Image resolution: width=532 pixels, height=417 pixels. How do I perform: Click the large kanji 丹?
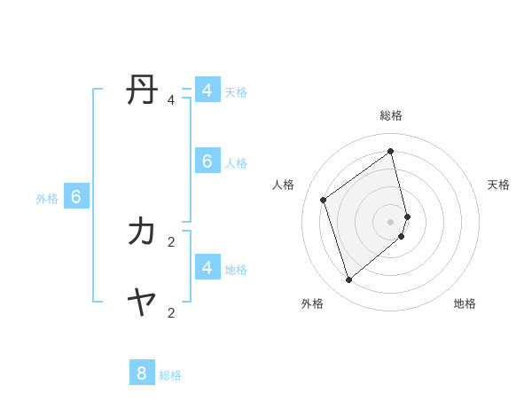tap(143, 90)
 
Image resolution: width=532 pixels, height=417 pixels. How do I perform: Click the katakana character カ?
tap(143, 232)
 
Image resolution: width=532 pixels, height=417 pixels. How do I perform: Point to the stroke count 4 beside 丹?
tap(171, 100)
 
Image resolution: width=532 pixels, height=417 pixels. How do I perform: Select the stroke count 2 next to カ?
tap(171, 241)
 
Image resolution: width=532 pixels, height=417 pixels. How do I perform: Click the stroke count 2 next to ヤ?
tap(171, 312)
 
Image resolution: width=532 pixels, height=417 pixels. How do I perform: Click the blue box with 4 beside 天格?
tap(207, 90)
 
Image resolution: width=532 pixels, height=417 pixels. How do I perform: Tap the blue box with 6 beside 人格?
tap(207, 161)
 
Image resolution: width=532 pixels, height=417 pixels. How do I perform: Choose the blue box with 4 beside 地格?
tap(207, 266)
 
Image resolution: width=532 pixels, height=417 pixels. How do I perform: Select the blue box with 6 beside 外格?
tap(76, 197)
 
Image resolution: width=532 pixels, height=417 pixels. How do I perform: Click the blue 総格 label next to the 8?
tap(170, 375)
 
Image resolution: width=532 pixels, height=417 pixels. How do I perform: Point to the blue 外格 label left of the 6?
tap(47, 199)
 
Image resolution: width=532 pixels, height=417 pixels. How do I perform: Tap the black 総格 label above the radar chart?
tap(391, 115)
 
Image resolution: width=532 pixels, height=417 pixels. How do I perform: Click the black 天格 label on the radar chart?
tap(498, 185)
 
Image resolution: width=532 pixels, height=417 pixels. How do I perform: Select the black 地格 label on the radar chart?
tap(465, 303)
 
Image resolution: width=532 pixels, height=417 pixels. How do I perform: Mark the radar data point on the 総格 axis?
tap(391, 151)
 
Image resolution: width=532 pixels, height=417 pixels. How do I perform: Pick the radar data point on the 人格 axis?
tap(324, 200)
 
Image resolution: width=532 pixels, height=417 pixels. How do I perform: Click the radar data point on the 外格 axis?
tap(349, 280)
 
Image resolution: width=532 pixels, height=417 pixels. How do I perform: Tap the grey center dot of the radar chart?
tap(391, 221)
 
